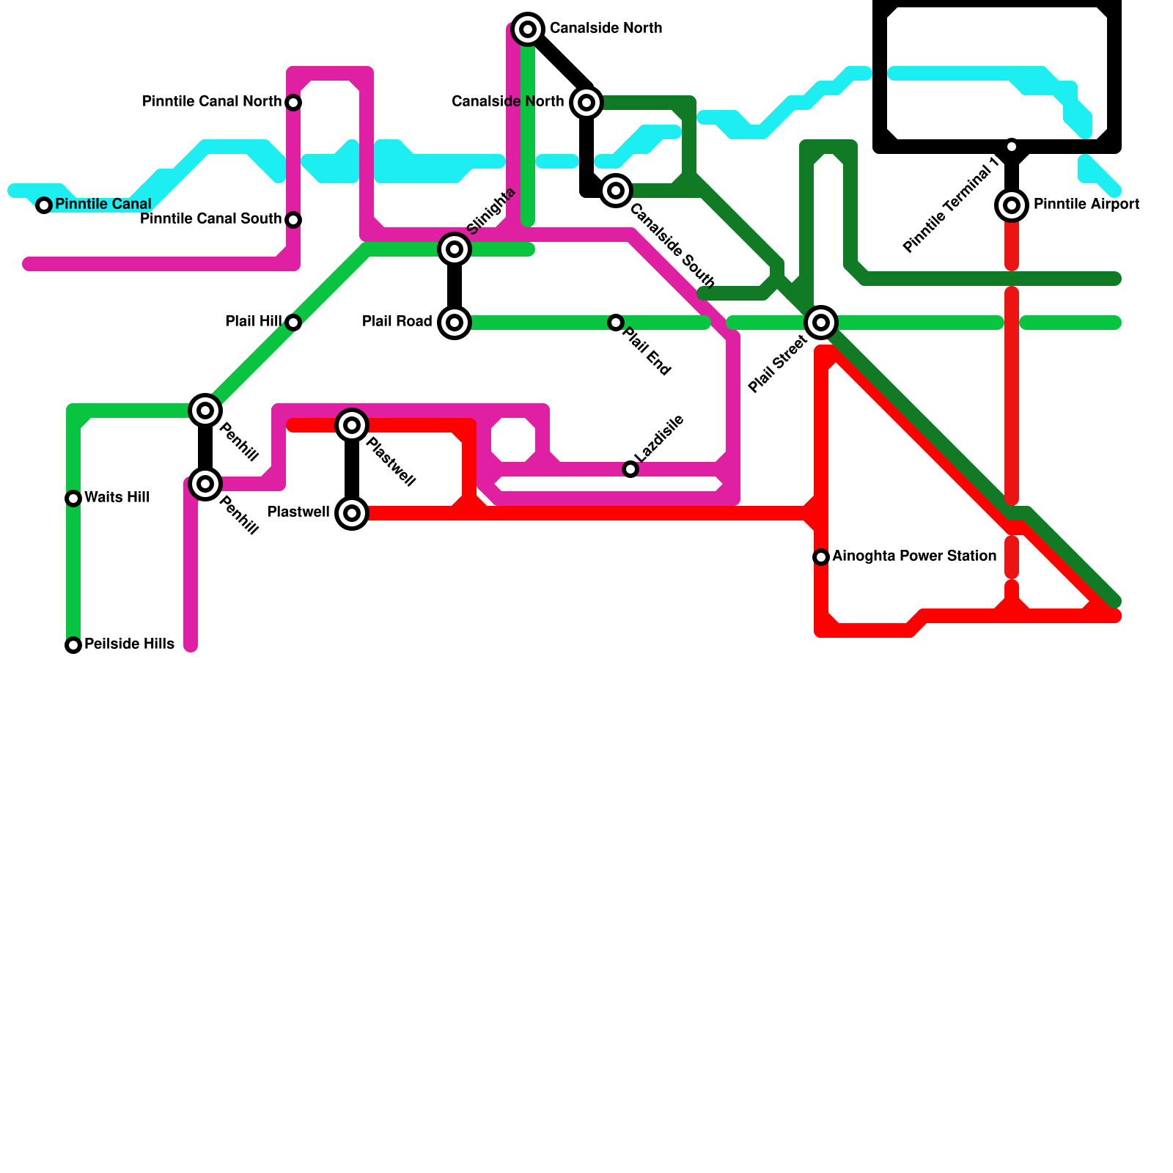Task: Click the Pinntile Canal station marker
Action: pyautogui.click(x=44, y=205)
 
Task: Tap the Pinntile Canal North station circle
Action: pyautogui.click(x=293, y=103)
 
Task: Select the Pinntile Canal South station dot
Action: pyautogui.click(x=293, y=220)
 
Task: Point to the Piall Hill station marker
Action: pyautogui.click(x=293, y=323)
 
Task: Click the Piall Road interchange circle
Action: pyautogui.click(x=455, y=323)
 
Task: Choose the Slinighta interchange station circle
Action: pyautogui.click(x=455, y=249)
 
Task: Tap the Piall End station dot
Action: pyautogui.click(x=616, y=323)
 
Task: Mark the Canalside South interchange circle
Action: pyautogui.click(x=616, y=191)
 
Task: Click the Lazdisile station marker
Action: pyautogui.click(x=630, y=469)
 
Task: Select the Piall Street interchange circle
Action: pyautogui.click(x=821, y=323)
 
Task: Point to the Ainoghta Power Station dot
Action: pyautogui.click(x=821, y=557)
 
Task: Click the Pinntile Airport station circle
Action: pyautogui.click(x=1012, y=205)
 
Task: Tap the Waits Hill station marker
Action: pyautogui.click(x=73, y=499)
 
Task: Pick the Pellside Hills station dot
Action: pyautogui.click(x=73, y=645)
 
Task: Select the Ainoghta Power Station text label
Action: pyautogui.click(x=914, y=556)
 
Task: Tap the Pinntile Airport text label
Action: pyautogui.click(x=1086, y=204)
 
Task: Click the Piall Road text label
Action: pyautogui.click(x=397, y=321)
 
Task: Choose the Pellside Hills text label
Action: pyautogui.click(x=129, y=644)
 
